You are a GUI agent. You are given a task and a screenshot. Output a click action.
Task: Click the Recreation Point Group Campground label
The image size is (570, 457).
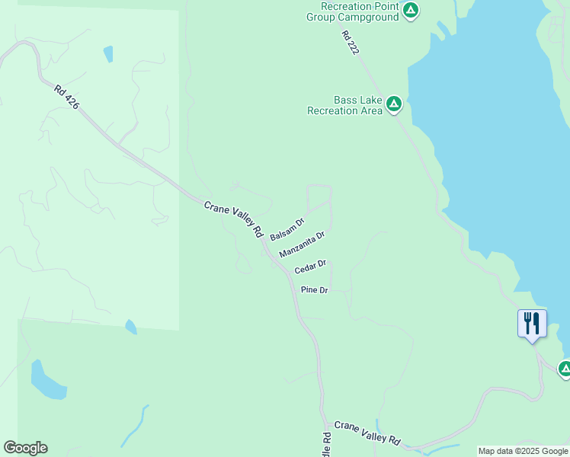click(353, 11)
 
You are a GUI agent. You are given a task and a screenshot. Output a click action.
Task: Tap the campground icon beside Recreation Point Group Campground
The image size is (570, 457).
click(411, 11)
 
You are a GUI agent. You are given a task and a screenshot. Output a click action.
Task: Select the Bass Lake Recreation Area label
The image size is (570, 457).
click(344, 105)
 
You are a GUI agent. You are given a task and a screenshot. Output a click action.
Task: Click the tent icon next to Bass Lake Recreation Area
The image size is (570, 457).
click(394, 104)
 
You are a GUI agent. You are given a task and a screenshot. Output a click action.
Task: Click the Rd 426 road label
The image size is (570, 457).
click(66, 96)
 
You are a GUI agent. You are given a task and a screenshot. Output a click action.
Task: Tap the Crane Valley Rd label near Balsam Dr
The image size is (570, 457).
click(233, 218)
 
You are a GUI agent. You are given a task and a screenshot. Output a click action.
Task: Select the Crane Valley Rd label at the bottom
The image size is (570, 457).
click(367, 435)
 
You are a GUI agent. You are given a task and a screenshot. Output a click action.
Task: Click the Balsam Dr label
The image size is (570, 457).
click(287, 229)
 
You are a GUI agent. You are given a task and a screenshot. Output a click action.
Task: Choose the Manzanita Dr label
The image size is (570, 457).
click(302, 244)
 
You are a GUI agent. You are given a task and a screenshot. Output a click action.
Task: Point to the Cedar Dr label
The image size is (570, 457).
click(311, 267)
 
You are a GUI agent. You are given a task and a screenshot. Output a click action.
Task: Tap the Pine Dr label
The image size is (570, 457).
click(314, 290)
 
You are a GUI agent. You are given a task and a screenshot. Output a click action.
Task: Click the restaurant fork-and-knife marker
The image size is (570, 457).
click(532, 324)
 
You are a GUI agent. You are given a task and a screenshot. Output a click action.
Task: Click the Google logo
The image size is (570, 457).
click(25, 448)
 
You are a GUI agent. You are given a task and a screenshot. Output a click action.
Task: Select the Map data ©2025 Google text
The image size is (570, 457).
click(522, 451)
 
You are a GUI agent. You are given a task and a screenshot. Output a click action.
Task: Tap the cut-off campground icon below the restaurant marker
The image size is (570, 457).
click(565, 369)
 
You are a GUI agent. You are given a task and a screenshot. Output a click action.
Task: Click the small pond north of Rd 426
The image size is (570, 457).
click(108, 54)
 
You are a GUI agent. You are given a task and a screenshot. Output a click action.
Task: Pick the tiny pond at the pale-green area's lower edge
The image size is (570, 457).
click(131, 327)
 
